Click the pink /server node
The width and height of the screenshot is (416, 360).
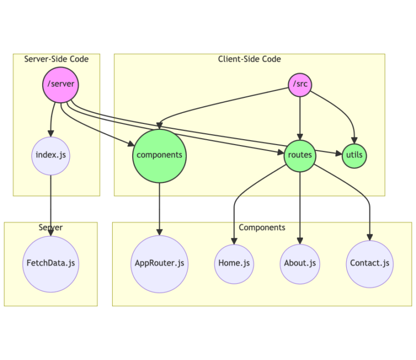(60, 84)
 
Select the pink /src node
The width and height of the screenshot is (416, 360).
(300, 84)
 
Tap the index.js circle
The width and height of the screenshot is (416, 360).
(51, 155)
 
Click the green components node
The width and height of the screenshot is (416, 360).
(159, 155)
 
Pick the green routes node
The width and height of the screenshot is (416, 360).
(300, 155)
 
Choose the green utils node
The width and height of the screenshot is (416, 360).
(354, 155)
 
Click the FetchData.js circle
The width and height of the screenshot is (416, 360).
(51, 264)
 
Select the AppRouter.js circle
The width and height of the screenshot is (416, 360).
(159, 264)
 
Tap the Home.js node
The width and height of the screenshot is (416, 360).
(234, 264)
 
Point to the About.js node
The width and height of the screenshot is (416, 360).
(300, 264)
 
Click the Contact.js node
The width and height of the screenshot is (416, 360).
(369, 264)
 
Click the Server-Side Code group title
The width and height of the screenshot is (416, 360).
(56, 59)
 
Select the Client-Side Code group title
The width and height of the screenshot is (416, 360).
(249, 59)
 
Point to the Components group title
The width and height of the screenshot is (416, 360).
(262, 227)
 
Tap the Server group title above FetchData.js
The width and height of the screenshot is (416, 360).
(50, 227)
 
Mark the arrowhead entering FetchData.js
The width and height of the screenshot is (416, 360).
(51, 232)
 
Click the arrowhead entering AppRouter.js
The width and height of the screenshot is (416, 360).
(159, 232)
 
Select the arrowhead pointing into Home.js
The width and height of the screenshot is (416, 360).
(234, 241)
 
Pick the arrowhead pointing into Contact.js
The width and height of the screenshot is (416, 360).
(369, 237)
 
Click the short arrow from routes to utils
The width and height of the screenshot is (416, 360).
(328, 154)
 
